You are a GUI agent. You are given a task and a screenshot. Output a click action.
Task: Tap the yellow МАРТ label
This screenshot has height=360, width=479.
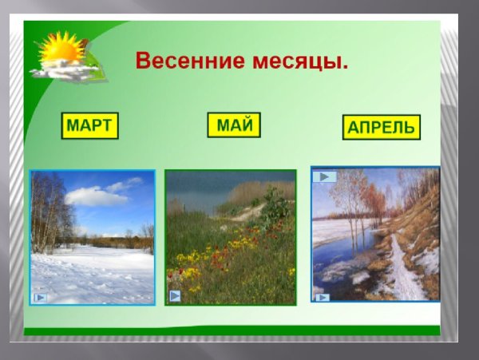point(90,125)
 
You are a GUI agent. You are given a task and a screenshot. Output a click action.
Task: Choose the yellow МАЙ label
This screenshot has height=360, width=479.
point(234,125)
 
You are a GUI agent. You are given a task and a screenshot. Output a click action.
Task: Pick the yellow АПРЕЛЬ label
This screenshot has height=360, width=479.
point(381,127)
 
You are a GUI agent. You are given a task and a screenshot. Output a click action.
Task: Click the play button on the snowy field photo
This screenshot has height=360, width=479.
point(40,297)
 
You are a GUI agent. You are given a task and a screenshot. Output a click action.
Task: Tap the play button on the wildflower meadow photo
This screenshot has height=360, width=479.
point(175,295)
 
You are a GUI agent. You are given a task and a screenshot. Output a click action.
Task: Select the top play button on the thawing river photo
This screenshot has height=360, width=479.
point(322,176)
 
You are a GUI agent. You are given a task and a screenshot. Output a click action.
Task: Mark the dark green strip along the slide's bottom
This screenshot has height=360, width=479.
point(232,330)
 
